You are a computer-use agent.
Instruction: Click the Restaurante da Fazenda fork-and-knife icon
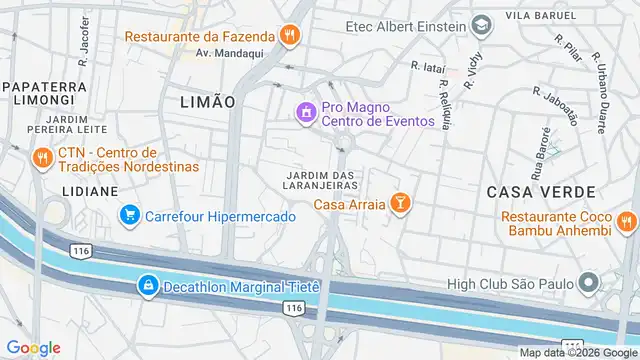click(x=290, y=36)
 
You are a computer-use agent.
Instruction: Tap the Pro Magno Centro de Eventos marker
click(x=305, y=112)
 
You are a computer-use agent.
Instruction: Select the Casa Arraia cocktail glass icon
click(x=400, y=204)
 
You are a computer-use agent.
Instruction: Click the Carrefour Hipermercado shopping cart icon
click(x=129, y=215)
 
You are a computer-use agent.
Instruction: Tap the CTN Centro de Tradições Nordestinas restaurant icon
click(x=42, y=158)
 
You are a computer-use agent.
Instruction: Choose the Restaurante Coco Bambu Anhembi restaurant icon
click(x=626, y=222)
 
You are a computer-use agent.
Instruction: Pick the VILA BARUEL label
click(x=541, y=16)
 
